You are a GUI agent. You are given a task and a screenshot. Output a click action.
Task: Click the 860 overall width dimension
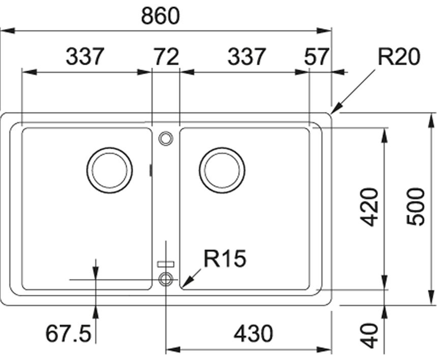[161, 16]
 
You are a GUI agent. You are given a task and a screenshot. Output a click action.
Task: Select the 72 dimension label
[166, 57]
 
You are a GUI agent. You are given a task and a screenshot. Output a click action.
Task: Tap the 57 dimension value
[316, 57]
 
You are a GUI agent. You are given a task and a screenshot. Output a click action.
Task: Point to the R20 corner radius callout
[399, 57]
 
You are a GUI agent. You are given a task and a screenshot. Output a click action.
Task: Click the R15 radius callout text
[225, 258]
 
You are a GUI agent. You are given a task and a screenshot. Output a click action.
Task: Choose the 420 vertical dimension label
[369, 207]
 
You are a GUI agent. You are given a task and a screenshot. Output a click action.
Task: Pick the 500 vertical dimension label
[415, 207]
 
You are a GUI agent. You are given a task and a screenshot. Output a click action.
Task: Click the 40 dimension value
[369, 336]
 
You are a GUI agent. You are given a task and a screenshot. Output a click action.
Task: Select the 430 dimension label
[253, 334]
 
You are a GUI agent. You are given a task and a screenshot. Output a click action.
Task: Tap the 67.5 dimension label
[68, 334]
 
